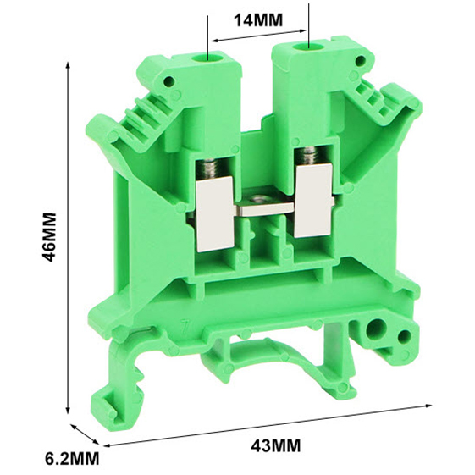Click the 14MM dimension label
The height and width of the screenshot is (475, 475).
coord(258,20)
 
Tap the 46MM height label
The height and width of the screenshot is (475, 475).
coord(49,236)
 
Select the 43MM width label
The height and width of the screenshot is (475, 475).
coord(276,445)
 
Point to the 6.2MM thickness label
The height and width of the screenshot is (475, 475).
coord(72,458)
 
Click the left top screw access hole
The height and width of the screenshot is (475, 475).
coord(208,57)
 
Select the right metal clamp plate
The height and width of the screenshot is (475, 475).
coord(312,202)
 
